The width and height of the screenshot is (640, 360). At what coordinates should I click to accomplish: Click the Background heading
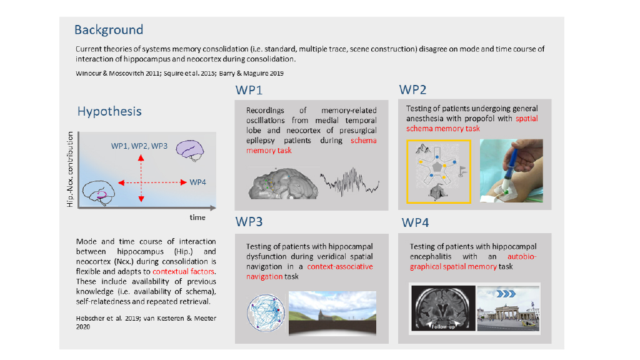[x=109, y=30]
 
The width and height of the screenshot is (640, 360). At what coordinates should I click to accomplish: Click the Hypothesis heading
[x=109, y=111]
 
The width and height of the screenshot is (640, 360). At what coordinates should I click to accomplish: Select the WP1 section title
[x=249, y=90]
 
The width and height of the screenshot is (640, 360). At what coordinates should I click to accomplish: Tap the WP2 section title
[x=412, y=90]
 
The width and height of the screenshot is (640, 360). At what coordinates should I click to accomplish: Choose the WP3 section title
[x=249, y=222]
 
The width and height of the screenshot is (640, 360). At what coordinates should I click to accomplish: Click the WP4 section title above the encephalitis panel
[x=415, y=222]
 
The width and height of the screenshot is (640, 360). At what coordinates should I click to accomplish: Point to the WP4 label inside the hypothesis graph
[x=197, y=182]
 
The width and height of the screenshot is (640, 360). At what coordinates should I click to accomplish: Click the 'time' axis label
[x=197, y=217]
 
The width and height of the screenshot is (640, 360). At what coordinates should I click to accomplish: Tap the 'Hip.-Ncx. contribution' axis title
[x=70, y=169]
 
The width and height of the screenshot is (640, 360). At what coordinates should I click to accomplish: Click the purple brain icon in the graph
[x=190, y=151]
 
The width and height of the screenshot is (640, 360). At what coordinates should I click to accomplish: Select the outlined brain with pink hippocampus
[x=98, y=192]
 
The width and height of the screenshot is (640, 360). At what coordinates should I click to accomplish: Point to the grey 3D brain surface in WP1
[x=283, y=184]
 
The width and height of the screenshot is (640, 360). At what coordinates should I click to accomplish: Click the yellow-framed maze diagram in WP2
[x=439, y=171]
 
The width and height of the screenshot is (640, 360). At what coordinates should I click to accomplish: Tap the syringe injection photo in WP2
[x=511, y=171]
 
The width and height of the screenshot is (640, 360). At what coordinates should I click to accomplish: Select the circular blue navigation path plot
[x=266, y=312]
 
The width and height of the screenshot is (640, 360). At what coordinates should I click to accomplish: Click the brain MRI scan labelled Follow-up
[x=443, y=308]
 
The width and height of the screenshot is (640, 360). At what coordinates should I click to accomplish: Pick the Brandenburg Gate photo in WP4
[x=509, y=308]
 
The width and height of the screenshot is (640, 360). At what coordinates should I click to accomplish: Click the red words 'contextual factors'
[x=184, y=271]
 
